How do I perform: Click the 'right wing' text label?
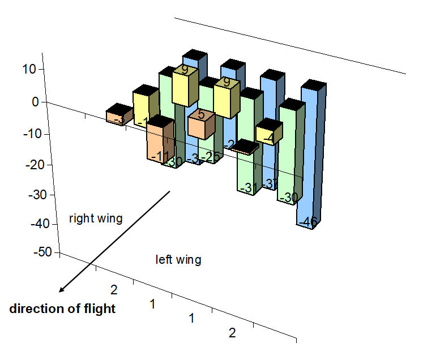96,218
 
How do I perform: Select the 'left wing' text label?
178,260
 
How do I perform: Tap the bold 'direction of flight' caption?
62,309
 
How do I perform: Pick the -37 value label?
270,184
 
